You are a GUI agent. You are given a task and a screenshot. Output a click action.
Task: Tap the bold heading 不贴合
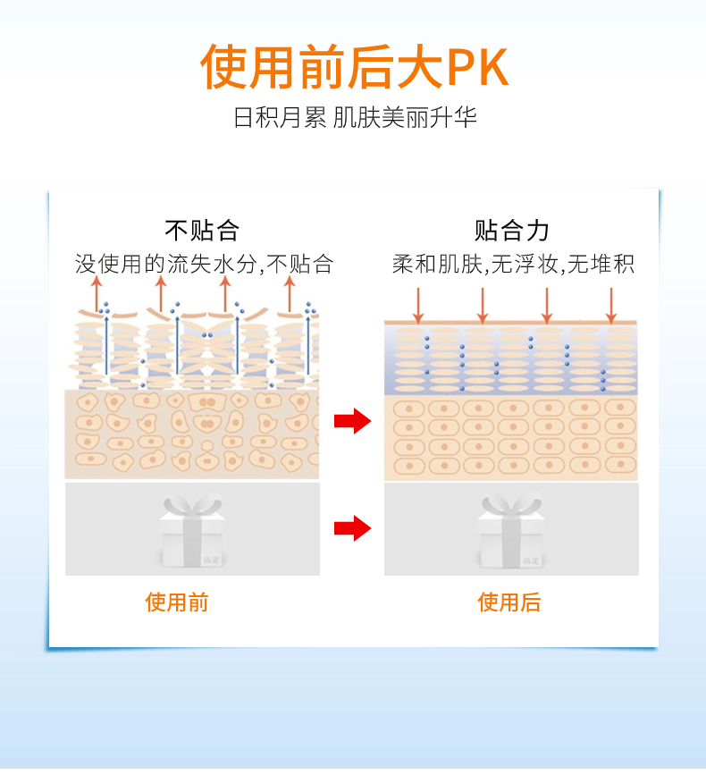click(203, 231)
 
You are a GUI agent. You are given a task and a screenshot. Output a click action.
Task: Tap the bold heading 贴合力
click(512, 231)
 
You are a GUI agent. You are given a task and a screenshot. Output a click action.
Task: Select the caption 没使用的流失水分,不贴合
click(204, 264)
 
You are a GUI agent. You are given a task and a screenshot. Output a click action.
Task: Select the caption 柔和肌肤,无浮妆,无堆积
click(513, 264)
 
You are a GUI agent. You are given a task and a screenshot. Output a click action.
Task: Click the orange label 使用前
click(177, 602)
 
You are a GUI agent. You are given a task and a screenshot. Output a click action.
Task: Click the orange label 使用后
click(509, 602)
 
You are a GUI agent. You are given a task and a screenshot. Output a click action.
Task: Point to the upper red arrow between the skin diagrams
click(352, 420)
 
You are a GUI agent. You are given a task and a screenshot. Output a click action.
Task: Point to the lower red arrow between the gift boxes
click(352, 527)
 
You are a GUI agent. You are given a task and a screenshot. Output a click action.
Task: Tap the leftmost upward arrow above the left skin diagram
click(97, 293)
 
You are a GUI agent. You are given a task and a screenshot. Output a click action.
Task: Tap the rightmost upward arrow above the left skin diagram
click(289, 293)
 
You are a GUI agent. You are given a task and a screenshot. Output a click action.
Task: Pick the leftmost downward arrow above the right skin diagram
click(417, 305)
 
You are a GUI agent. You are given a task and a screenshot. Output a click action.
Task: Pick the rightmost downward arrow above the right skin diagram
click(611, 305)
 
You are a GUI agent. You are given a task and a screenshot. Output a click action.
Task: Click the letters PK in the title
click(477, 66)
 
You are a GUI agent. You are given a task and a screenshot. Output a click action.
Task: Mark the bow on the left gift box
click(191, 506)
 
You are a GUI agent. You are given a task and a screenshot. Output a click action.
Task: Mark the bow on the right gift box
click(510, 506)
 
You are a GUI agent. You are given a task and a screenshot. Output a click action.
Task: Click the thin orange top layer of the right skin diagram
click(511, 322)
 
